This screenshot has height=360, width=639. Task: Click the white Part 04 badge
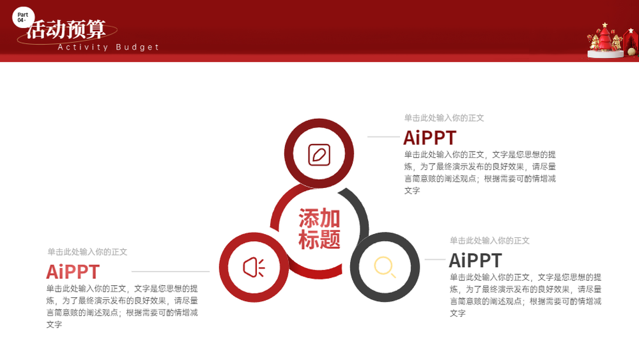(23, 17)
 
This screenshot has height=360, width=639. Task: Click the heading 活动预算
(66, 29)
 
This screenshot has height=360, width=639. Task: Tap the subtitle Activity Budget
(109, 47)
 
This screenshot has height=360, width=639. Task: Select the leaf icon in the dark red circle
(319, 155)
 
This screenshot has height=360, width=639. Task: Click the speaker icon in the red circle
(254, 267)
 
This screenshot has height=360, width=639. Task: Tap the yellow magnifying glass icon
(385, 267)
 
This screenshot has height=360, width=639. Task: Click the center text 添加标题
(319, 229)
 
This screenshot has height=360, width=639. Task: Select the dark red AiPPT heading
(429, 138)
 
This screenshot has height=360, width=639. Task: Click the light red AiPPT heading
(73, 272)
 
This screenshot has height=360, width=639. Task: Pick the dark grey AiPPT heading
(475, 260)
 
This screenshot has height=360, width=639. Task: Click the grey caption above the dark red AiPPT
(444, 118)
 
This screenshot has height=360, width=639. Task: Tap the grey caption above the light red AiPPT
(87, 252)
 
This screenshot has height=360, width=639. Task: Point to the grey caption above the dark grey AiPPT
(489, 241)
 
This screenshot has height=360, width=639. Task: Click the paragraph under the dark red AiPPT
(480, 173)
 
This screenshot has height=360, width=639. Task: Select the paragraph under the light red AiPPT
(122, 306)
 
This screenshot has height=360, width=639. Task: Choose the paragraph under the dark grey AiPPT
(525, 295)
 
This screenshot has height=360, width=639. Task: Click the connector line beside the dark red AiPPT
(384, 137)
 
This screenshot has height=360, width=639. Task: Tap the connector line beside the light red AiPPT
(171, 271)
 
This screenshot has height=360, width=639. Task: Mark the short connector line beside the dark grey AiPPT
(435, 260)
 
